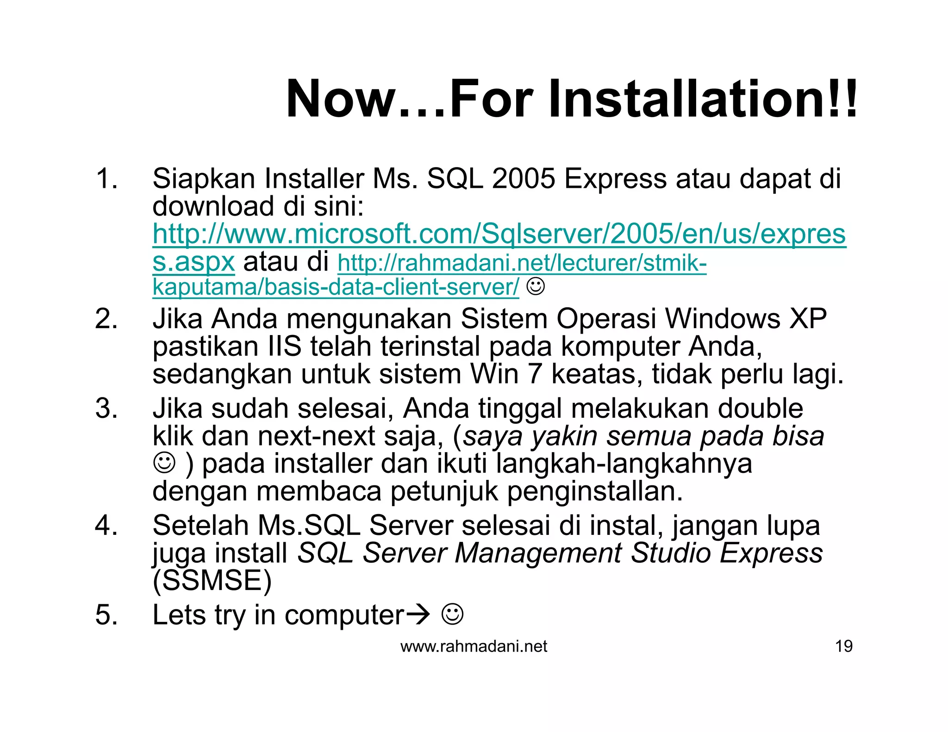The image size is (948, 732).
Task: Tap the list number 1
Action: [106, 179]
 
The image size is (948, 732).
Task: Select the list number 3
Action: [106, 409]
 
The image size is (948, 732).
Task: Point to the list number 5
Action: [106, 615]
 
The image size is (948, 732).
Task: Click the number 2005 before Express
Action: [523, 179]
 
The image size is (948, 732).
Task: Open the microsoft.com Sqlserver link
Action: [499, 234]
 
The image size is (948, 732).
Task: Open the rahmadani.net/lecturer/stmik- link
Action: [522, 263]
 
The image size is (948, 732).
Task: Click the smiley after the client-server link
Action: [536, 287]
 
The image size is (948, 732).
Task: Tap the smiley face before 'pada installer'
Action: [164, 463]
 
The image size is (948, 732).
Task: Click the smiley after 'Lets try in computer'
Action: [452, 614]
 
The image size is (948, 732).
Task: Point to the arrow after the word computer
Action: [418, 615]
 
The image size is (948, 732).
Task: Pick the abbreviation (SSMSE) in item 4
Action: [212, 581]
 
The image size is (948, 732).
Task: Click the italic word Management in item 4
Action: [538, 553]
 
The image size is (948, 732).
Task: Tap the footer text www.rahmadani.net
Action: [474, 646]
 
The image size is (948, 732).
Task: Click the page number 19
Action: [843, 646]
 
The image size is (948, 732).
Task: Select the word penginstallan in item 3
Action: [595, 491]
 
